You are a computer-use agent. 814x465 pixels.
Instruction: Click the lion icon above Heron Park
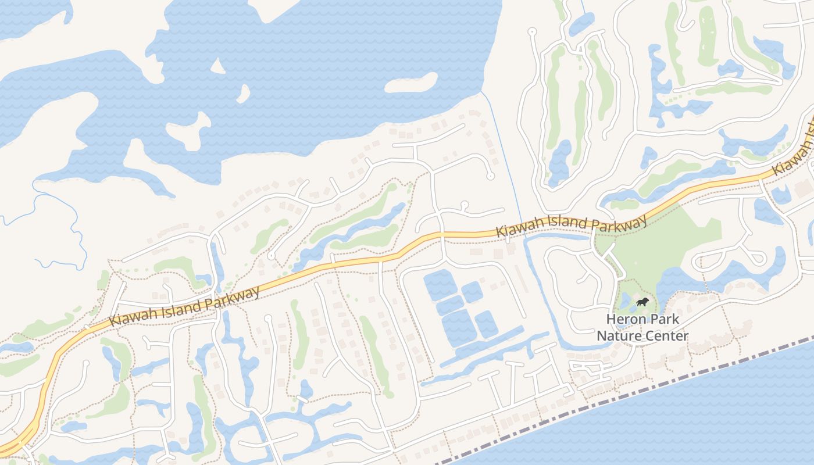click(x=642, y=302)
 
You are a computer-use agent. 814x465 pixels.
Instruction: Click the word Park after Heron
click(x=666, y=320)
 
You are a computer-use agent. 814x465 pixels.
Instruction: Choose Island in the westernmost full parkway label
click(x=181, y=306)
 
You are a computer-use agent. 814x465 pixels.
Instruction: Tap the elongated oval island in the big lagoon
click(x=412, y=83)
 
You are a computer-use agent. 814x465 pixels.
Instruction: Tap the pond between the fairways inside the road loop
click(x=559, y=163)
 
